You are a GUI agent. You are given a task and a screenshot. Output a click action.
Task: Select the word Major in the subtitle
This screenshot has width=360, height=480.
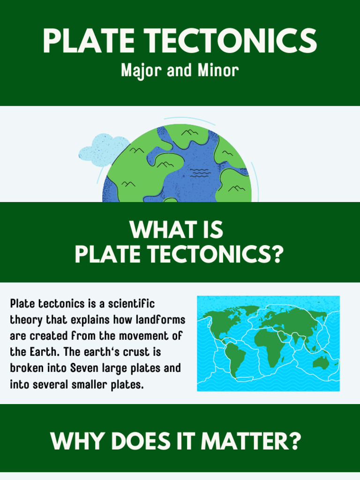click(137, 71)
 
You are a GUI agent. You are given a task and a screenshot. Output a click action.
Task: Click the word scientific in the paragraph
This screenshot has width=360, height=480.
click(131, 303)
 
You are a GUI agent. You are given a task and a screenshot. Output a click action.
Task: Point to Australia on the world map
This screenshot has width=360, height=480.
click(321, 361)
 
